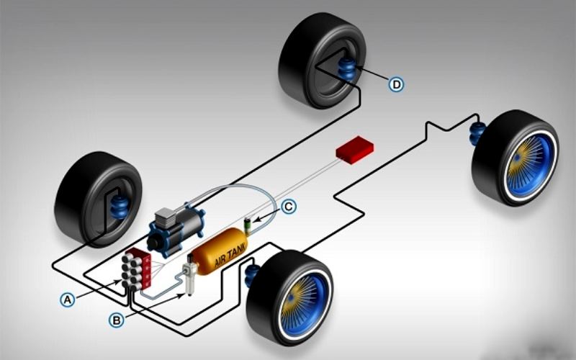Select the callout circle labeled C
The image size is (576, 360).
tap(289, 207)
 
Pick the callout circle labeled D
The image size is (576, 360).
tap(396, 84)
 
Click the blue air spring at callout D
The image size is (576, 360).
tap(348, 71)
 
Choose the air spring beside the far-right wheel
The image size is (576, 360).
tap(477, 134)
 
